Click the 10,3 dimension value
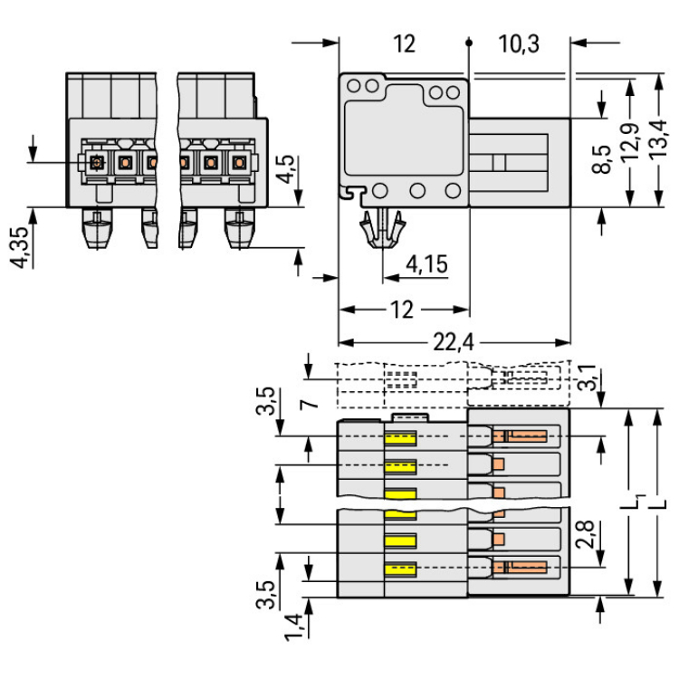pyautogui.click(x=519, y=43)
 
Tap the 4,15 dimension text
pyautogui.click(x=426, y=264)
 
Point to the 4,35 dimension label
pyautogui.click(x=19, y=246)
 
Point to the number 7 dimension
pyautogui.click(x=309, y=402)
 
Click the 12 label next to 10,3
pyautogui.click(x=404, y=43)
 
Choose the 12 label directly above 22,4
pyautogui.click(x=403, y=311)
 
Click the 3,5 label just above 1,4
pyautogui.click(x=264, y=593)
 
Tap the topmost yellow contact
pyautogui.click(x=400, y=439)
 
